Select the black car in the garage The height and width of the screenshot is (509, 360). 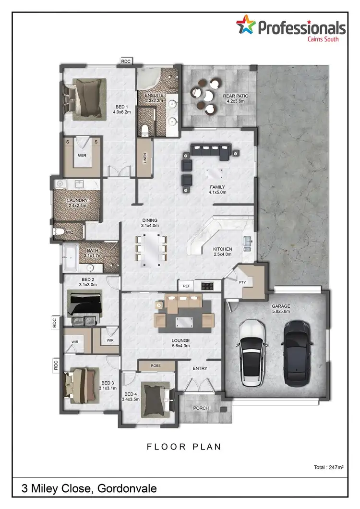[298, 353]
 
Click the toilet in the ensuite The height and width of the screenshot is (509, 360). [145, 129]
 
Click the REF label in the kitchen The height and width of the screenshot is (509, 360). [187, 286]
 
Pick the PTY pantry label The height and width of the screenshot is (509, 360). [243, 282]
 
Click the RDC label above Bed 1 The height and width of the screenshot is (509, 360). [126, 61]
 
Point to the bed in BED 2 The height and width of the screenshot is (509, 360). [84, 306]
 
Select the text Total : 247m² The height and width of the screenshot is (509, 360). [328, 467]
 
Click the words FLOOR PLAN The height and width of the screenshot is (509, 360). [184, 447]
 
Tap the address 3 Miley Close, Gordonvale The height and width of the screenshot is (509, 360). [89, 489]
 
